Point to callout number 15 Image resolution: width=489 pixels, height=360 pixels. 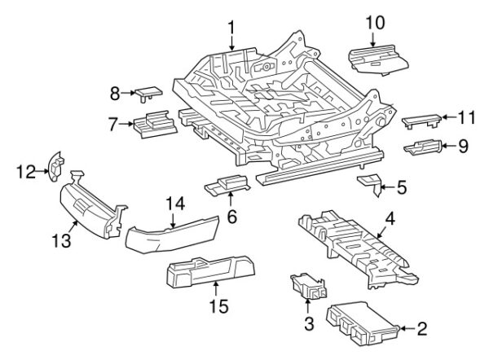pyautogui.click(x=215, y=308)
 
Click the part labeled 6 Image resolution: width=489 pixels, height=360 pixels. pyautogui.click(x=227, y=185)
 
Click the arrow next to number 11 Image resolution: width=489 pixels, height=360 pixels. pyautogui.click(x=447, y=118)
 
